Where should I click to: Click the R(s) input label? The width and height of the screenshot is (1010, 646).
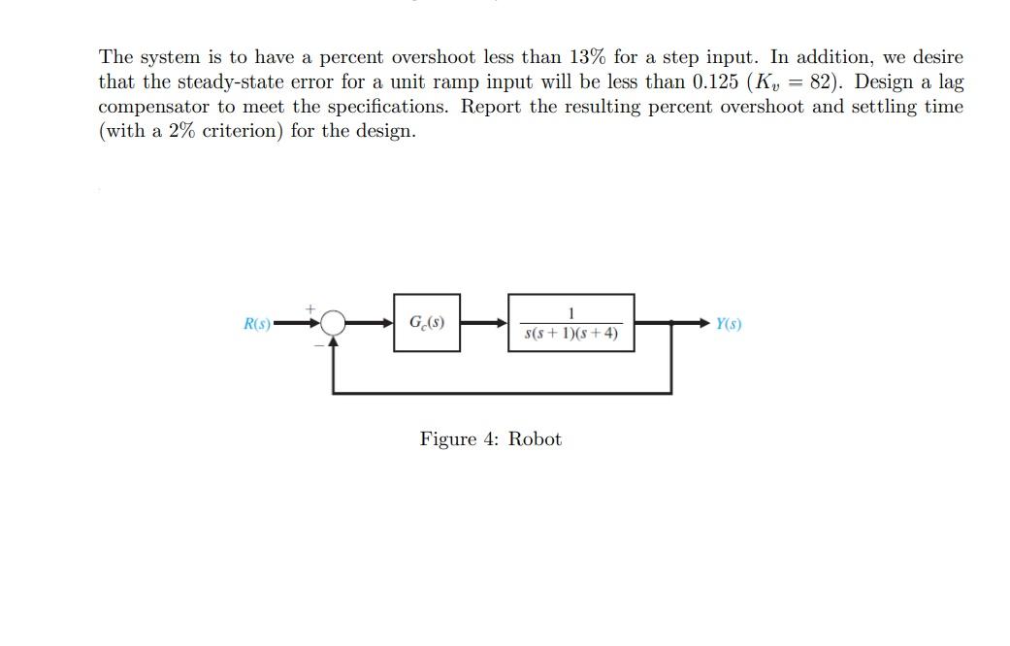click(257, 323)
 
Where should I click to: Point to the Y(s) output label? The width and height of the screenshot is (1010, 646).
click(729, 323)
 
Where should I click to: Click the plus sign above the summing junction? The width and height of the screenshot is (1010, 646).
click(310, 309)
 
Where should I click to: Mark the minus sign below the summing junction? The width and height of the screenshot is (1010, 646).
click(319, 345)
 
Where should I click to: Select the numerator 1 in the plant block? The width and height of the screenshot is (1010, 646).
click(570, 313)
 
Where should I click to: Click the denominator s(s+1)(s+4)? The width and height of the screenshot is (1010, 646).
click(571, 333)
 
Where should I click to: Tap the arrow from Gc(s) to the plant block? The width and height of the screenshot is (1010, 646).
click(484, 323)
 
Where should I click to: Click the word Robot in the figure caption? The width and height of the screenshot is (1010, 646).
click(535, 438)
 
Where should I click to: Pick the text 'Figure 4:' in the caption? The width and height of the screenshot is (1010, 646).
click(459, 438)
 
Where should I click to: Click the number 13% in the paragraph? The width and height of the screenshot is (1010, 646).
click(587, 56)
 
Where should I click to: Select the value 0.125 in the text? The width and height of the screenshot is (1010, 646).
click(715, 81)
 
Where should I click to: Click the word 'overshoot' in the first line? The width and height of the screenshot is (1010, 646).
click(434, 56)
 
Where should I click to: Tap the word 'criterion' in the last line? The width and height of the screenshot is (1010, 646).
click(243, 131)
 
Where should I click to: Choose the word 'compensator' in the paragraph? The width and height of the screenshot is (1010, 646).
click(153, 107)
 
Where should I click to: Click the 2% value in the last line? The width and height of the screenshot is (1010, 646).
click(181, 131)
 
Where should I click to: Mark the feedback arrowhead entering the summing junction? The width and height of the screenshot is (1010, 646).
click(333, 342)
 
